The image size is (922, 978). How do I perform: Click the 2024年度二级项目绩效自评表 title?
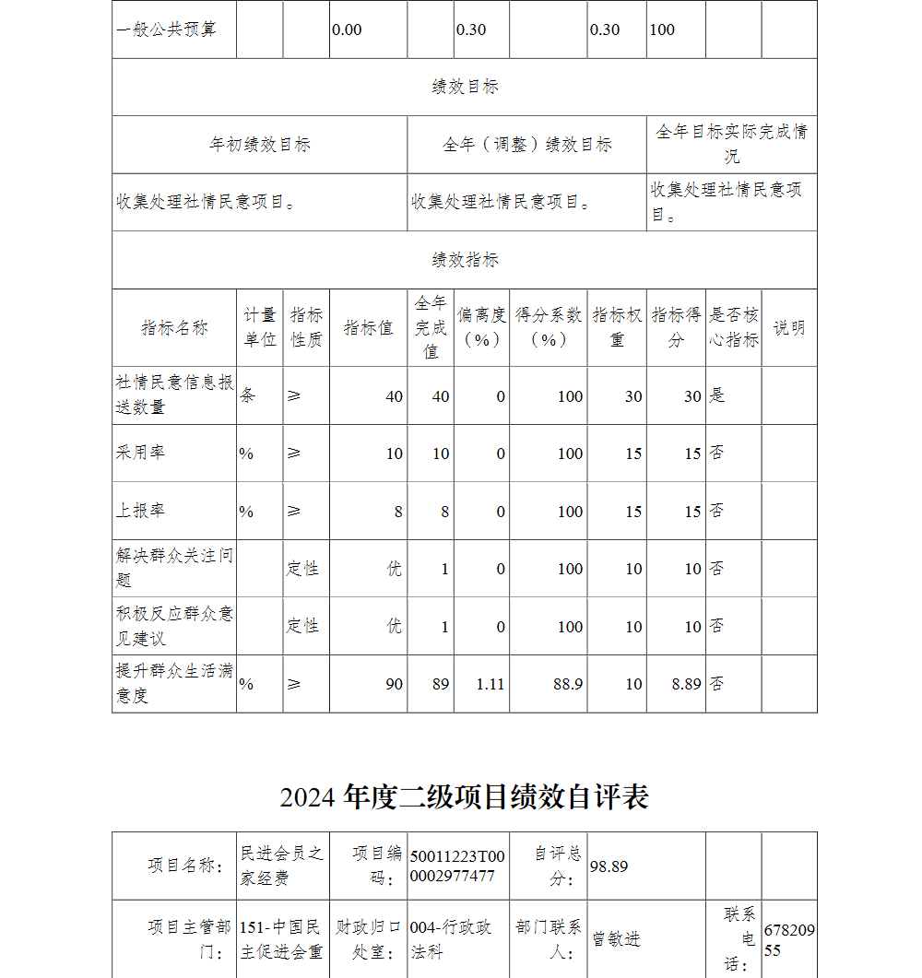(464, 796)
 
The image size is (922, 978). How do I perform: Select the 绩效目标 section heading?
(465, 87)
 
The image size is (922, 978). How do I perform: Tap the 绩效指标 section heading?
(465, 260)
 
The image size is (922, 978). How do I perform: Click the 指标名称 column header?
(174, 327)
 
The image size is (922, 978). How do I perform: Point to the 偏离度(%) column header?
(481, 327)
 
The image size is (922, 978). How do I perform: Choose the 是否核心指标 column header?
(733, 327)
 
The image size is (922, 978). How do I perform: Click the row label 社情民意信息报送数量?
(174, 395)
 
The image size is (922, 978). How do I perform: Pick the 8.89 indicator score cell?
(686, 684)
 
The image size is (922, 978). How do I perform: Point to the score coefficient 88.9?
(568, 684)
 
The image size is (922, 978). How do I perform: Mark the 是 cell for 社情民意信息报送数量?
(717, 395)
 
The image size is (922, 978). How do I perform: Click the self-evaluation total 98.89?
(609, 866)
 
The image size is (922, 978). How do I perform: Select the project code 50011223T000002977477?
(457, 866)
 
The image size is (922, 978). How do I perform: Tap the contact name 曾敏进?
(616, 939)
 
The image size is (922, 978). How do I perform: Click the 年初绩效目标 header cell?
(259, 145)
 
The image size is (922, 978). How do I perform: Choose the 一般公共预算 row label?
(167, 29)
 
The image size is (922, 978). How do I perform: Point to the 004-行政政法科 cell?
(451, 939)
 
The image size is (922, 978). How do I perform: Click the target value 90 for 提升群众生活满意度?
(394, 684)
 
